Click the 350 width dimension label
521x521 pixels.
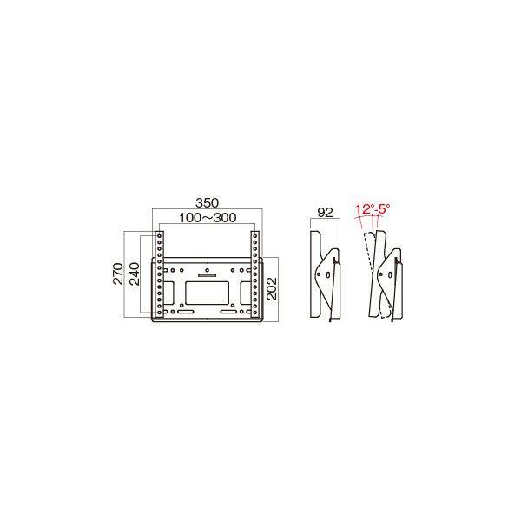pos(207,202)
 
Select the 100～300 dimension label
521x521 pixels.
pos(208,218)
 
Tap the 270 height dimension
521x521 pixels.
pos(118,274)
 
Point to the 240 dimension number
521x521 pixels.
pos(135,274)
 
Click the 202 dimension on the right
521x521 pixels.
pos(272,289)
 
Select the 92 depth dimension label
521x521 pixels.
pos(325,213)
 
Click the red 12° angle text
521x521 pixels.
pos(364,209)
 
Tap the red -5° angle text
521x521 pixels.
pos(382,209)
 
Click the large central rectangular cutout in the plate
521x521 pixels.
pos(207,293)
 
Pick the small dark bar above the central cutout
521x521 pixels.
pos(207,275)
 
